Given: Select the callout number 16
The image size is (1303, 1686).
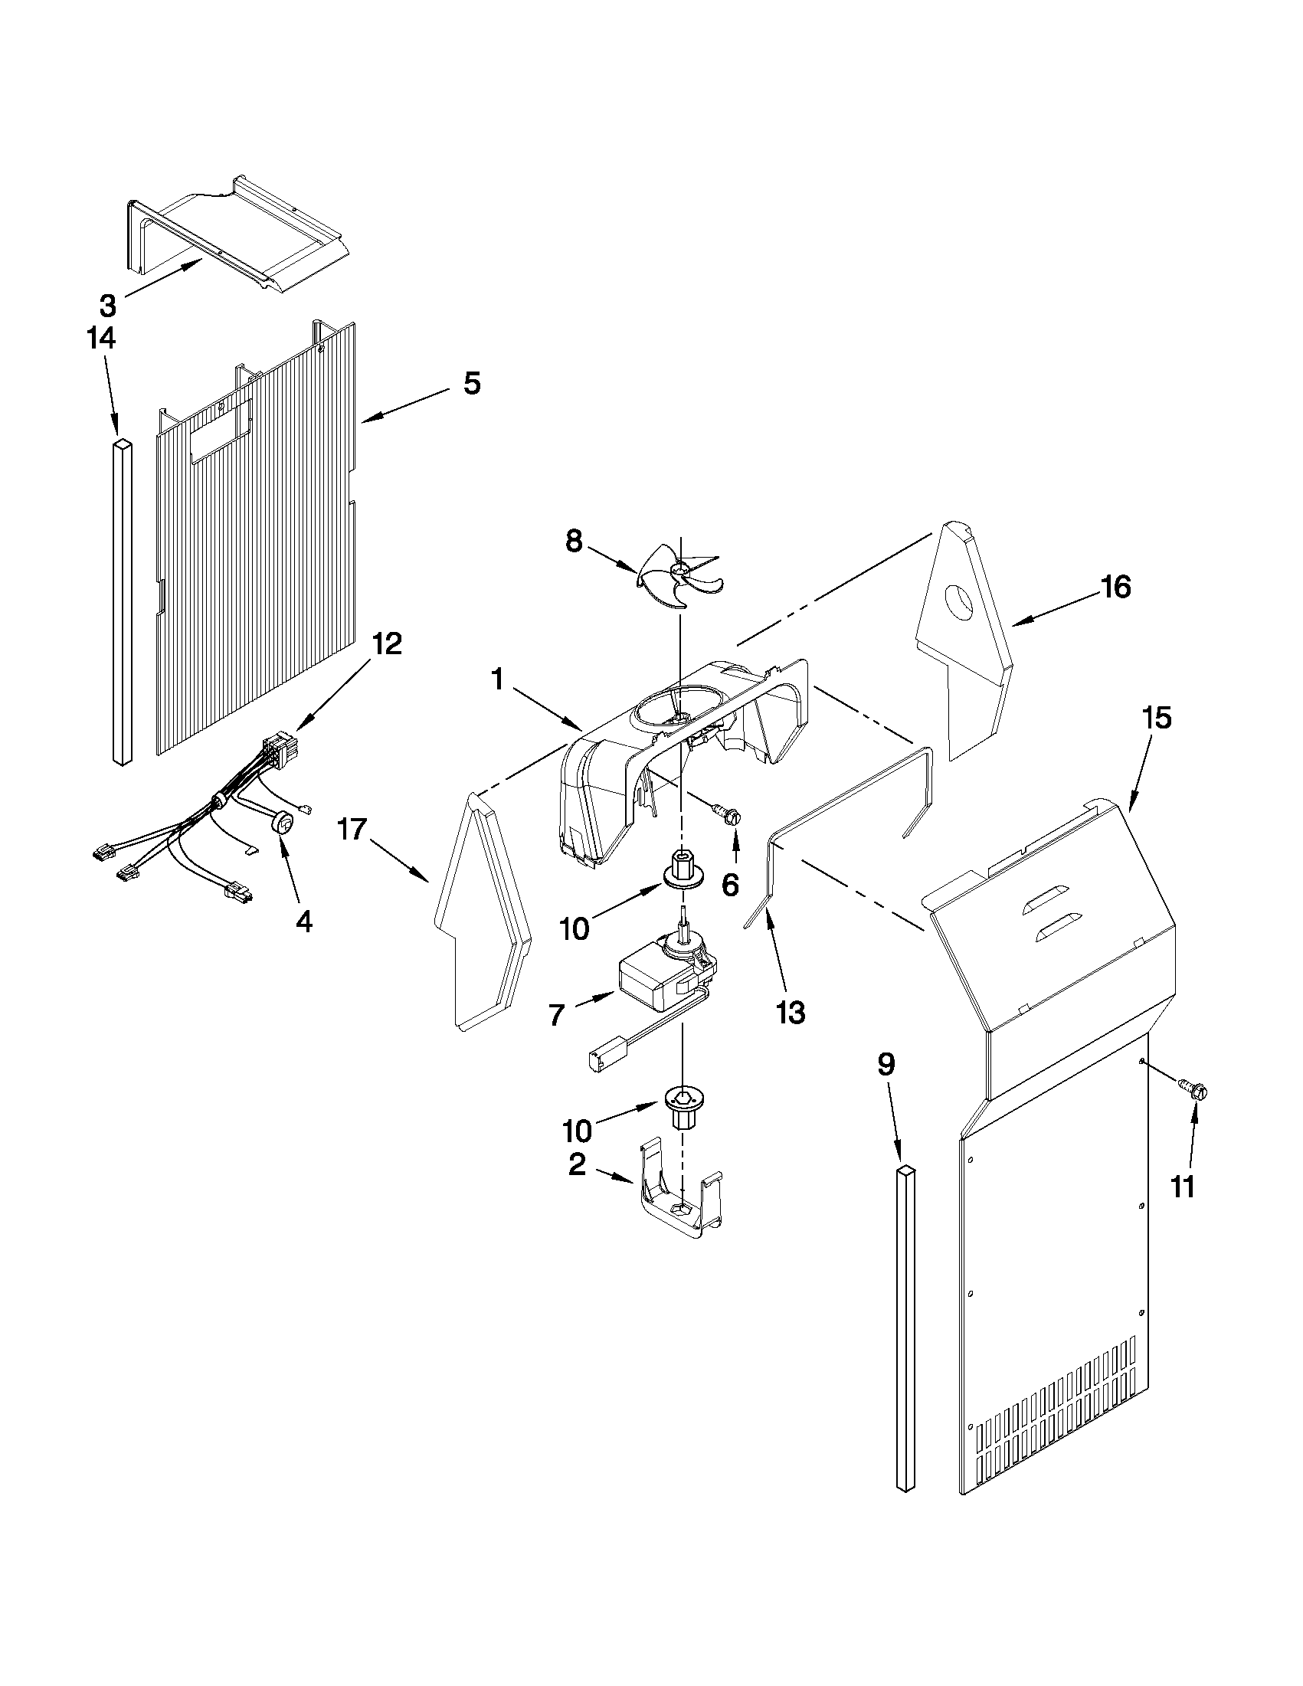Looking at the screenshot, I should pos(1116,588).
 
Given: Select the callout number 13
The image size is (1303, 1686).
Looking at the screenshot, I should pos(791,1012).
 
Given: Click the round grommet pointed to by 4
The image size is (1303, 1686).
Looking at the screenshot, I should pos(284,823).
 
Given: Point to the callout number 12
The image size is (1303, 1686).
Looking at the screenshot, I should pos(387,643).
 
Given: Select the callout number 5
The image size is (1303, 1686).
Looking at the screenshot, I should pos(472,383).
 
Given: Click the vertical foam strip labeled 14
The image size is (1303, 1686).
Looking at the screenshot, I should pos(121,602).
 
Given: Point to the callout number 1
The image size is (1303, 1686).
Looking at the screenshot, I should pos(497,679).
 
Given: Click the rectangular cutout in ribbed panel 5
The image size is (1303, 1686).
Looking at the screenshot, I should pos(221,431).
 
